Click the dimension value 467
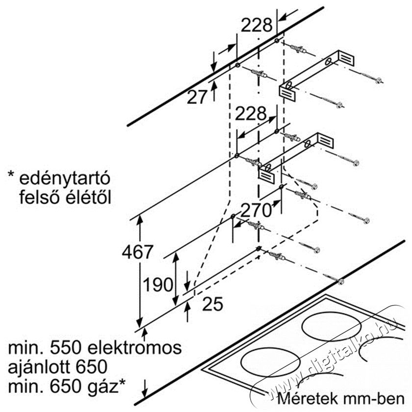tap(137, 252)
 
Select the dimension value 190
tap(158, 284)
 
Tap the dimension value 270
tap(256, 210)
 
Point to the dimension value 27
tap(197, 97)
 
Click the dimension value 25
tap(212, 304)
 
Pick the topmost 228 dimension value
tap(257, 25)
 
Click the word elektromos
tap(134, 347)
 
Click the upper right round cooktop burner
tap(332, 326)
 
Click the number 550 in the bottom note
tap(65, 348)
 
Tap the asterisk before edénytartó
tap(11, 175)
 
